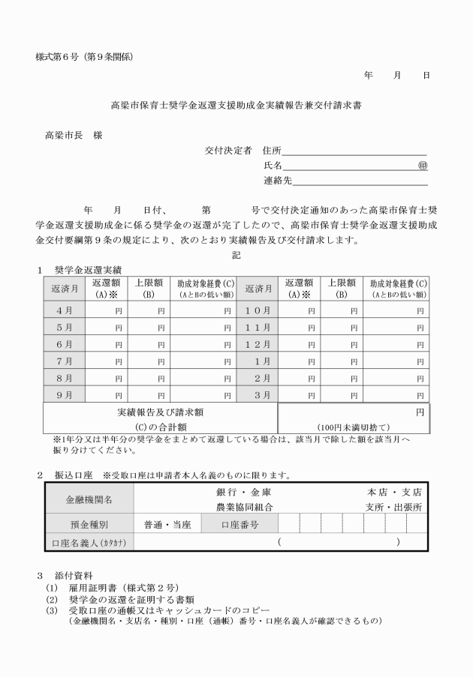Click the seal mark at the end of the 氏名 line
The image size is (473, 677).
(x=423, y=166)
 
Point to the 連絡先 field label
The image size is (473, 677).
(x=278, y=181)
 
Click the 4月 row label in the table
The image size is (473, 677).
(x=64, y=310)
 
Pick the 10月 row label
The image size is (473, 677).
(x=258, y=310)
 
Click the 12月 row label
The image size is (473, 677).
(x=258, y=344)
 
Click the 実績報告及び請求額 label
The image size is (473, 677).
(x=161, y=412)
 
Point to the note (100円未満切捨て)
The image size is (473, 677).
(x=354, y=426)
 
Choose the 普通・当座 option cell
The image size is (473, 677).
(x=167, y=525)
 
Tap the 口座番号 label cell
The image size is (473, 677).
(x=240, y=525)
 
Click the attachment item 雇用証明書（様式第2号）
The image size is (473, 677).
(x=124, y=588)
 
